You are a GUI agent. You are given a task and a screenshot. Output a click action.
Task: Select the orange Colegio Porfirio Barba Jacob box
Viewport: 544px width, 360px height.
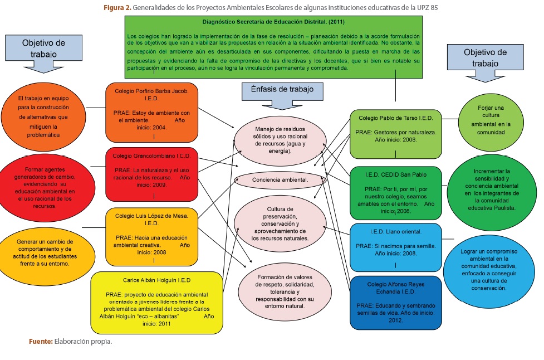coord(151,111)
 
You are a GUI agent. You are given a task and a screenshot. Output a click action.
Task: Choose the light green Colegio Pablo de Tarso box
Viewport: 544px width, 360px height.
coord(395,133)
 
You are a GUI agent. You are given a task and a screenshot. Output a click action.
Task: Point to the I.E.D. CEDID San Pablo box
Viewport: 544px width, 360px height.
coord(395,192)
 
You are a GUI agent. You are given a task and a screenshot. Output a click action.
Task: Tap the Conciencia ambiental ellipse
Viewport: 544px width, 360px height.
coord(280,180)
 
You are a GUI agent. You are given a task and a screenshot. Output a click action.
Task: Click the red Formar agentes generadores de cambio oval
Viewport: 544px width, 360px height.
coord(46,186)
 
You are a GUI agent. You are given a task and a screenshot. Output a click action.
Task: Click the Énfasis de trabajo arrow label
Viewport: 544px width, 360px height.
coord(282,90)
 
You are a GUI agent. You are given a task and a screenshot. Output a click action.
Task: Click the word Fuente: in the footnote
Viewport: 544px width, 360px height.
coord(41,341)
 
